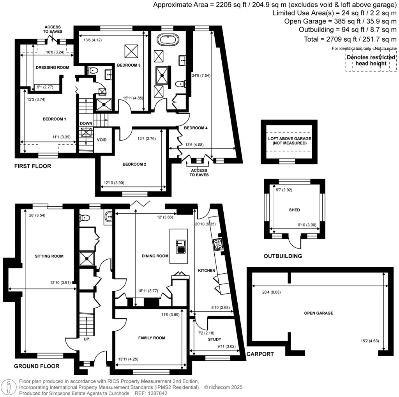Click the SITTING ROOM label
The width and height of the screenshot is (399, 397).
coord(49,256)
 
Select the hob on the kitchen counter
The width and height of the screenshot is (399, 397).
coord(217,245)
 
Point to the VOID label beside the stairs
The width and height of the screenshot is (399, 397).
coord(102,140)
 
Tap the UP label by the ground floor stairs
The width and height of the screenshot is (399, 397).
coord(86,340)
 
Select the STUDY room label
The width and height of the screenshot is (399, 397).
coord(210,339)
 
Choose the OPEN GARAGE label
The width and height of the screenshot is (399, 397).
coord(319,313)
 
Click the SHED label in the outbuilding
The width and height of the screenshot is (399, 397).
coord(294,210)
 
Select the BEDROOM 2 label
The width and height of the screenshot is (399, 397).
coord(134,164)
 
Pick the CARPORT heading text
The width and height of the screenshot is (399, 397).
coord(261,354)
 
